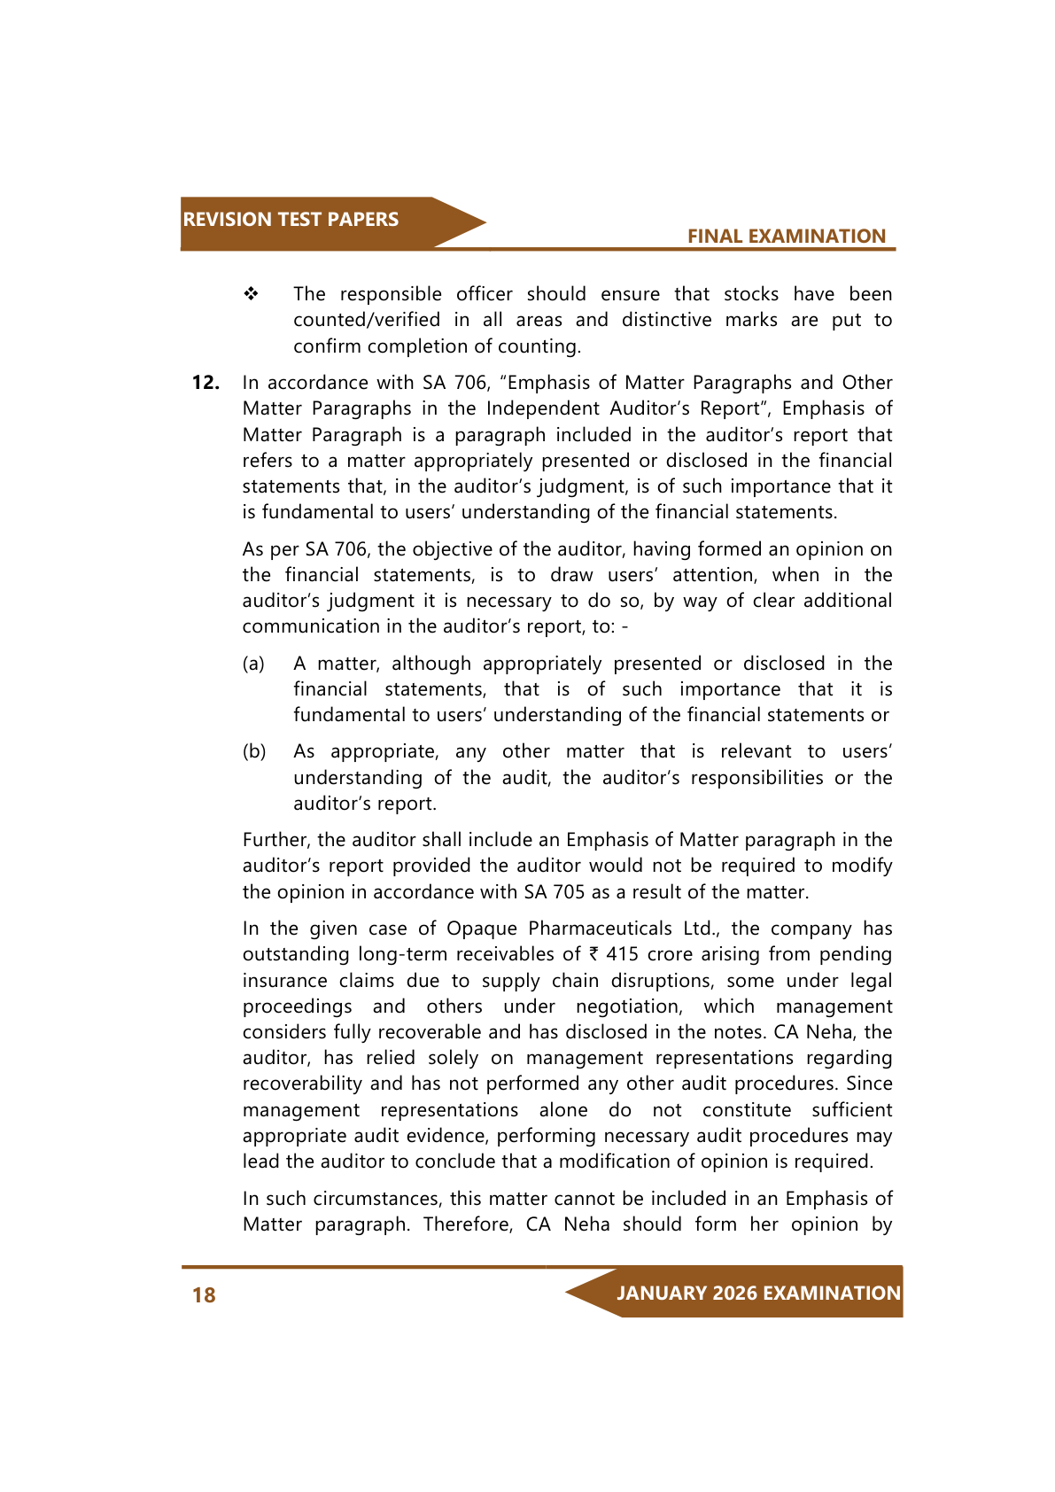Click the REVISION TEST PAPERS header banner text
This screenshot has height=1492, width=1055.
(291, 220)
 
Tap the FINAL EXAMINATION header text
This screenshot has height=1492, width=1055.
(786, 237)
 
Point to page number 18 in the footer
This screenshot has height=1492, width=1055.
(204, 1295)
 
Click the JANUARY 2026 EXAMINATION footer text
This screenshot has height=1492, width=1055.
(758, 1294)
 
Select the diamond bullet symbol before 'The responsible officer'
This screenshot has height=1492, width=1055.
(252, 294)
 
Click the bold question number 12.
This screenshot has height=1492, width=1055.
(206, 383)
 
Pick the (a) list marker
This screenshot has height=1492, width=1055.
(253, 664)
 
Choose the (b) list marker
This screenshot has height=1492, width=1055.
(254, 751)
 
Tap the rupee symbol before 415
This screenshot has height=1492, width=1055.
(593, 954)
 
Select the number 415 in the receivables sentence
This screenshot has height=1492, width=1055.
(622, 954)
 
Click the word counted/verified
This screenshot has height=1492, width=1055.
(367, 320)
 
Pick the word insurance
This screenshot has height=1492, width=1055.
(284, 981)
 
